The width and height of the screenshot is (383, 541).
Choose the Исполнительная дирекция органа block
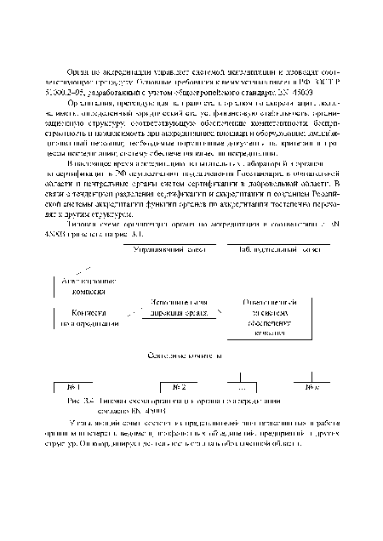[175, 308]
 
